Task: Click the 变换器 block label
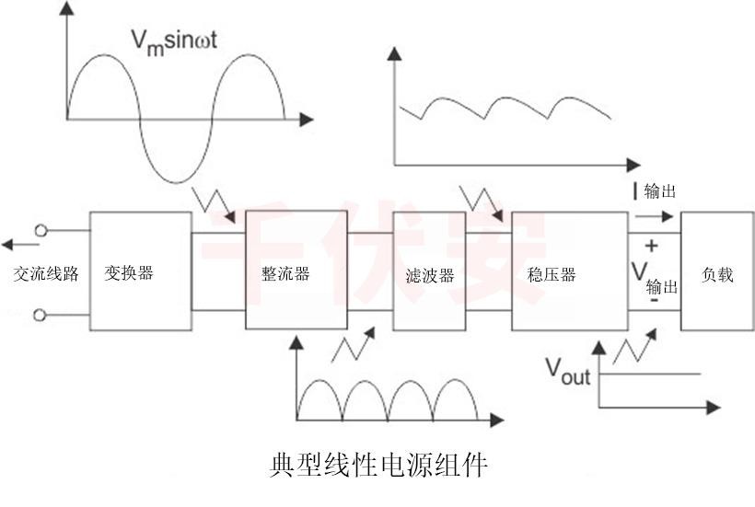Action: click(x=129, y=273)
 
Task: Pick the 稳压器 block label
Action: click(x=552, y=274)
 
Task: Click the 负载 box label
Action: click(x=717, y=273)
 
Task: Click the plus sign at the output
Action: click(x=651, y=246)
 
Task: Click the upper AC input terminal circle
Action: click(x=40, y=232)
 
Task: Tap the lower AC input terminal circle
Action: click(x=40, y=315)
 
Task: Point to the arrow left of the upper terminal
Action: click(x=15, y=245)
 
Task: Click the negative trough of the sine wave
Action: click(x=175, y=178)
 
